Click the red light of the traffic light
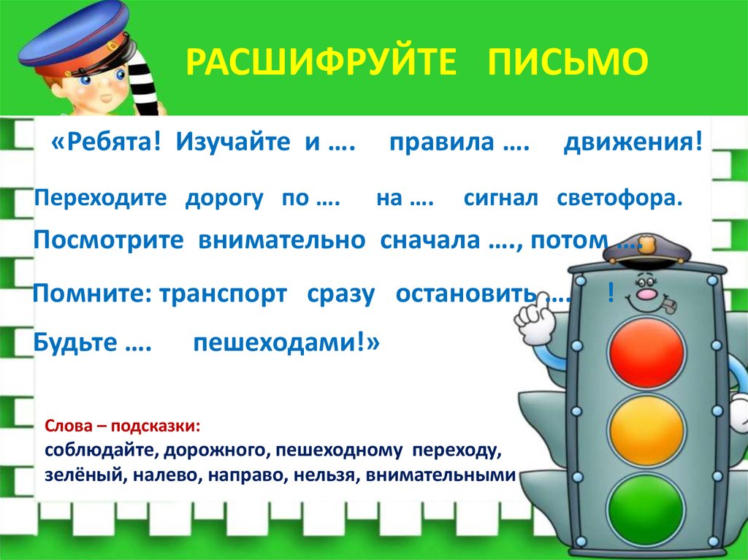(x=646, y=353)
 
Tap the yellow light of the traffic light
(x=646, y=424)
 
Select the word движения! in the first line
(x=633, y=143)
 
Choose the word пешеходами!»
(x=286, y=343)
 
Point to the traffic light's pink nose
(x=645, y=295)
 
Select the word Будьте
(x=76, y=343)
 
